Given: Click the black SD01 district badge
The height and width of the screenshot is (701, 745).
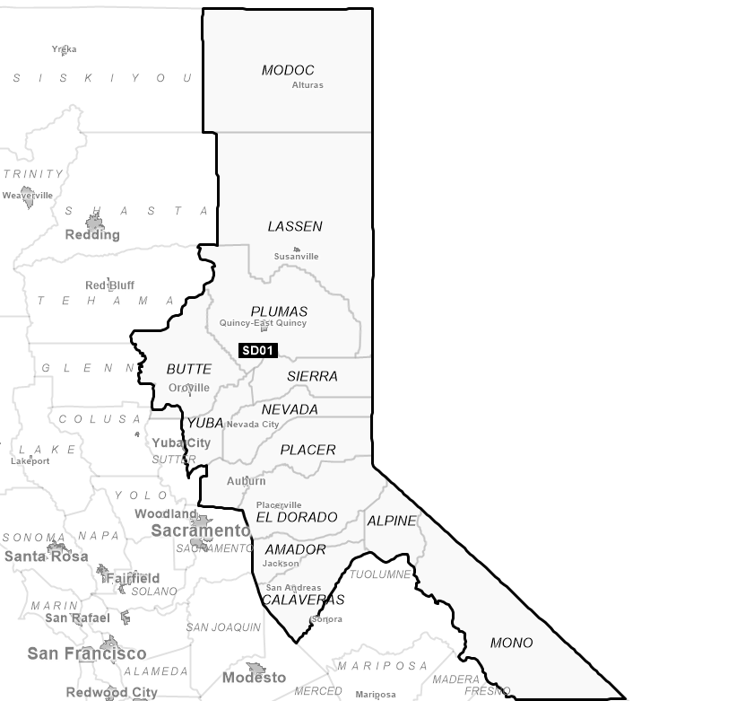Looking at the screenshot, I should [258, 350].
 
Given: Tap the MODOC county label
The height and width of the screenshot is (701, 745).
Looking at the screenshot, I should [288, 70].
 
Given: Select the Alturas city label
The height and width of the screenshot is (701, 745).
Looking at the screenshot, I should [308, 85].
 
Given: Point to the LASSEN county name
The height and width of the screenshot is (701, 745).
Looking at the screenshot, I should [295, 226].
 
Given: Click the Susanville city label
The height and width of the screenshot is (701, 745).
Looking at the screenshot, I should [296, 257].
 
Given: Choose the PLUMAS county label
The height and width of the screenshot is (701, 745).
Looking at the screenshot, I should [279, 311].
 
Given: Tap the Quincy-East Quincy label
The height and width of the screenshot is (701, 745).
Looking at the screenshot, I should [263, 323].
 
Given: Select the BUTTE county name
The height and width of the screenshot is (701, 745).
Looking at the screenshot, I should [189, 369].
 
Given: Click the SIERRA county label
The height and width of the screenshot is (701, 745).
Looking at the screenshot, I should [312, 376].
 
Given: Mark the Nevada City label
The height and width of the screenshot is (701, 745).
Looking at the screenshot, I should [253, 424].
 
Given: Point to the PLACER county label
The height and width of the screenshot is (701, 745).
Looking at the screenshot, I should [308, 450].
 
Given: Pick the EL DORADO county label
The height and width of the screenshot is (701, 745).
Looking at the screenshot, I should [297, 517].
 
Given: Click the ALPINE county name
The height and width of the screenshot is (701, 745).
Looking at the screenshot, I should [392, 521].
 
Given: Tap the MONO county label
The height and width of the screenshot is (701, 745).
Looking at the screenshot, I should [511, 643].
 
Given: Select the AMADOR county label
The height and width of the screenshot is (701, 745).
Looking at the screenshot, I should [295, 549].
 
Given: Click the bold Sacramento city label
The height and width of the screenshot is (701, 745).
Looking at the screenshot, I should [201, 530].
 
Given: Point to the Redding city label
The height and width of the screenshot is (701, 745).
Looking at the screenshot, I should [92, 234].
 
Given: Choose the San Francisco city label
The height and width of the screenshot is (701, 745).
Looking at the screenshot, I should [86, 653].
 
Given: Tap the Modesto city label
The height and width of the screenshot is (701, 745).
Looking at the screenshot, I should [254, 677].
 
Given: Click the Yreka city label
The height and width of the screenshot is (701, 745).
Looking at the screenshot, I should [64, 49].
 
